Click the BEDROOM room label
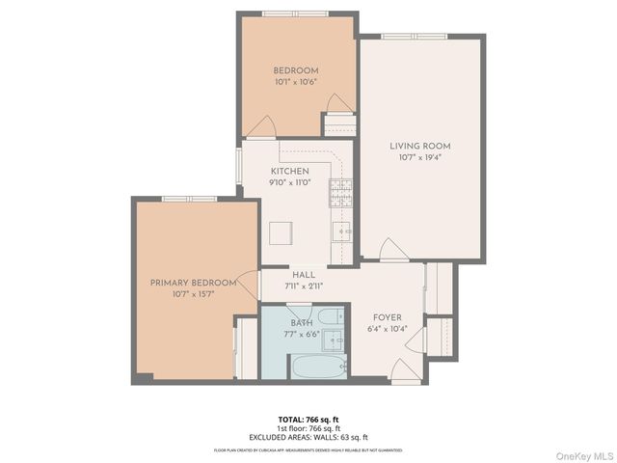(x=295, y=70)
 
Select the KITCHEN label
(x=289, y=172)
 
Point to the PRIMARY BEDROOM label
(x=193, y=283)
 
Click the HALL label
(x=304, y=275)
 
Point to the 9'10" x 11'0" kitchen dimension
(x=289, y=183)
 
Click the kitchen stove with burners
(x=340, y=193)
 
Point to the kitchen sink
(x=341, y=231)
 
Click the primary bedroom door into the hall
(x=249, y=286)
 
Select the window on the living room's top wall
(x=400, y=37)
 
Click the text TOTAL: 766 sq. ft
(x=308, y=419)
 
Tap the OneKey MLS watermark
(x=582, y=454)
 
